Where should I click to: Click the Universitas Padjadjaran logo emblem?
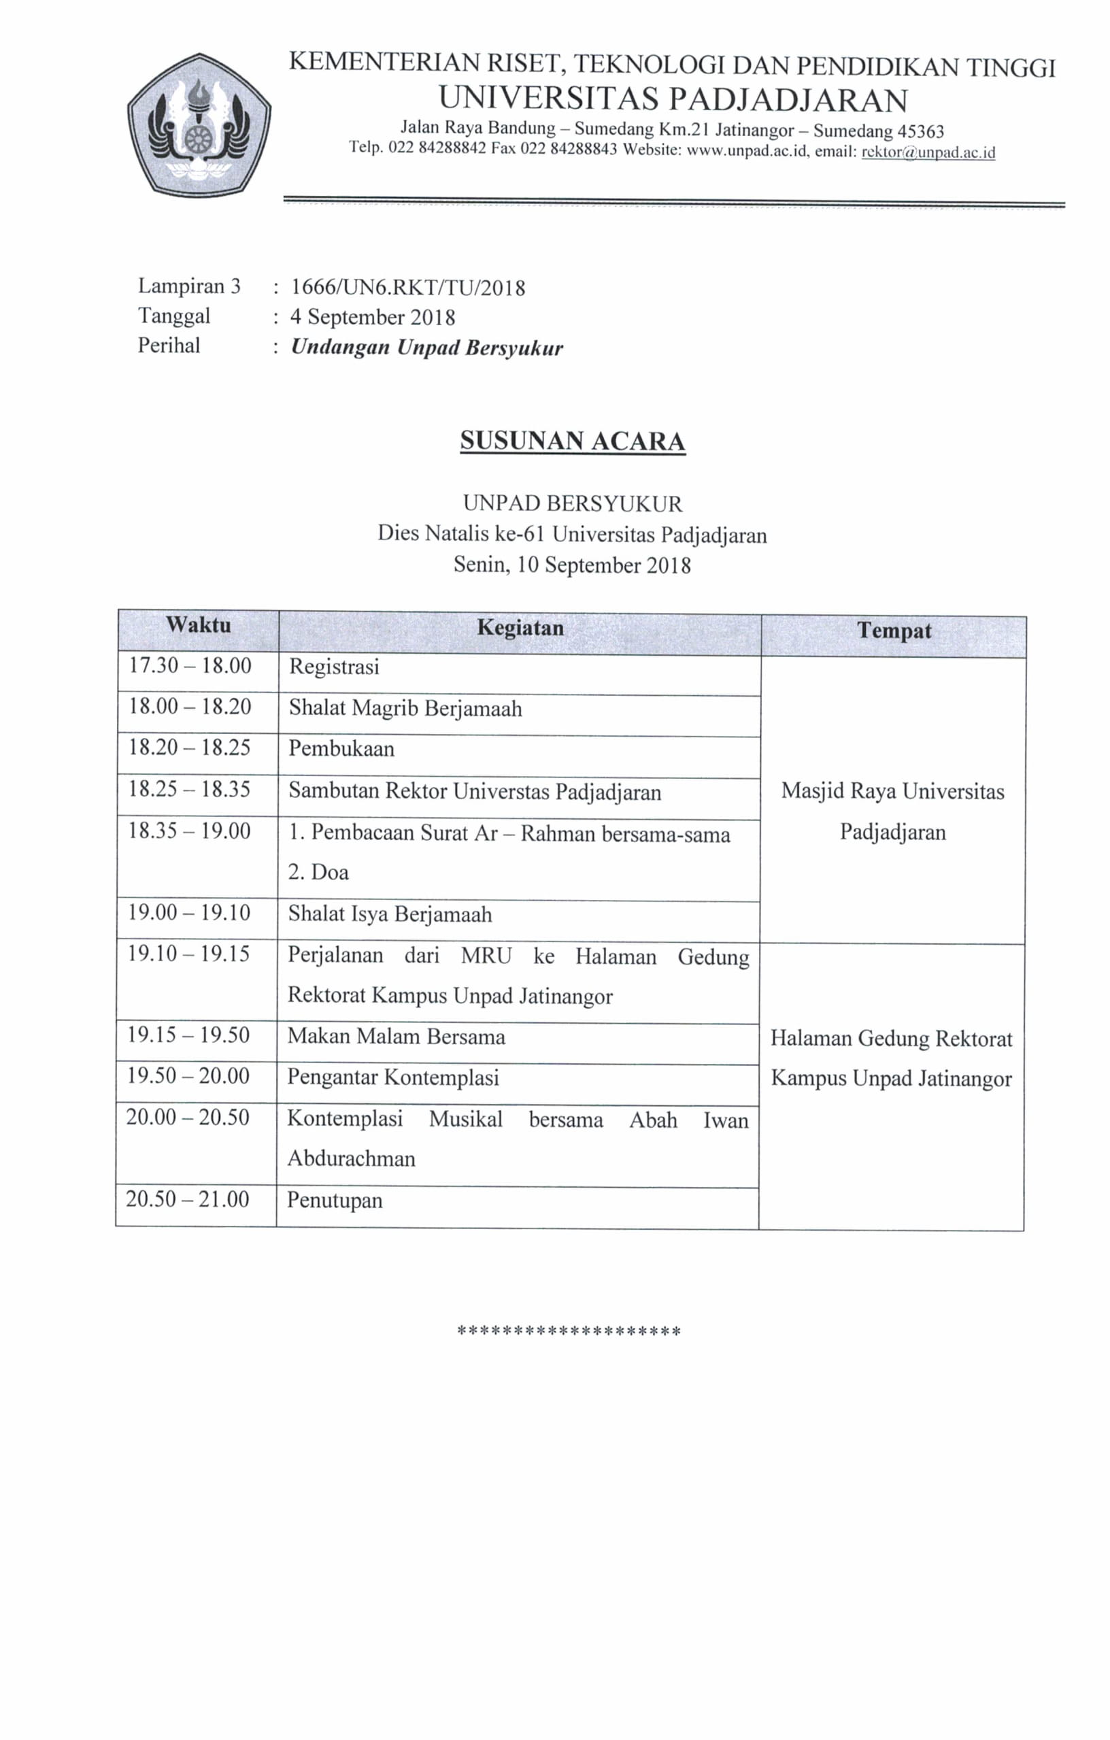click(199, 125)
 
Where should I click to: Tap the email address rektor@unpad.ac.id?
click(928, 152)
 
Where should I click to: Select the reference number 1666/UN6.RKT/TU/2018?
click(407, 288)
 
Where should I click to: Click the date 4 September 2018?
click(373, 317)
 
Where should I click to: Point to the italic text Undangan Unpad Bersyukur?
click(426, 348)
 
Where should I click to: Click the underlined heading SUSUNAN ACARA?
click(573, 441)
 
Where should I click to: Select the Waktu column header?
click(199, 625)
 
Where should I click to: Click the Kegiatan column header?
click(520, 628)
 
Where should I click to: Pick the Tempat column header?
click(894, 631)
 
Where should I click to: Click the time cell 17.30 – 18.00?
click(190, 665)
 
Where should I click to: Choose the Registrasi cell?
click(334, 666)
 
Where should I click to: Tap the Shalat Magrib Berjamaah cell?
click(405, 708)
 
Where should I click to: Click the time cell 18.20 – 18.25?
click(189, 747)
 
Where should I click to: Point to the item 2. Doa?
click(319, 872)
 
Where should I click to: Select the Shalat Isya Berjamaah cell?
click(390, 914)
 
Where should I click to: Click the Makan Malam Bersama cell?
click(396, 1037)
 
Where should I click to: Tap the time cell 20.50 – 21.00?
click(187, 1199)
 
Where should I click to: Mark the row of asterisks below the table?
click(569, 1331)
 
